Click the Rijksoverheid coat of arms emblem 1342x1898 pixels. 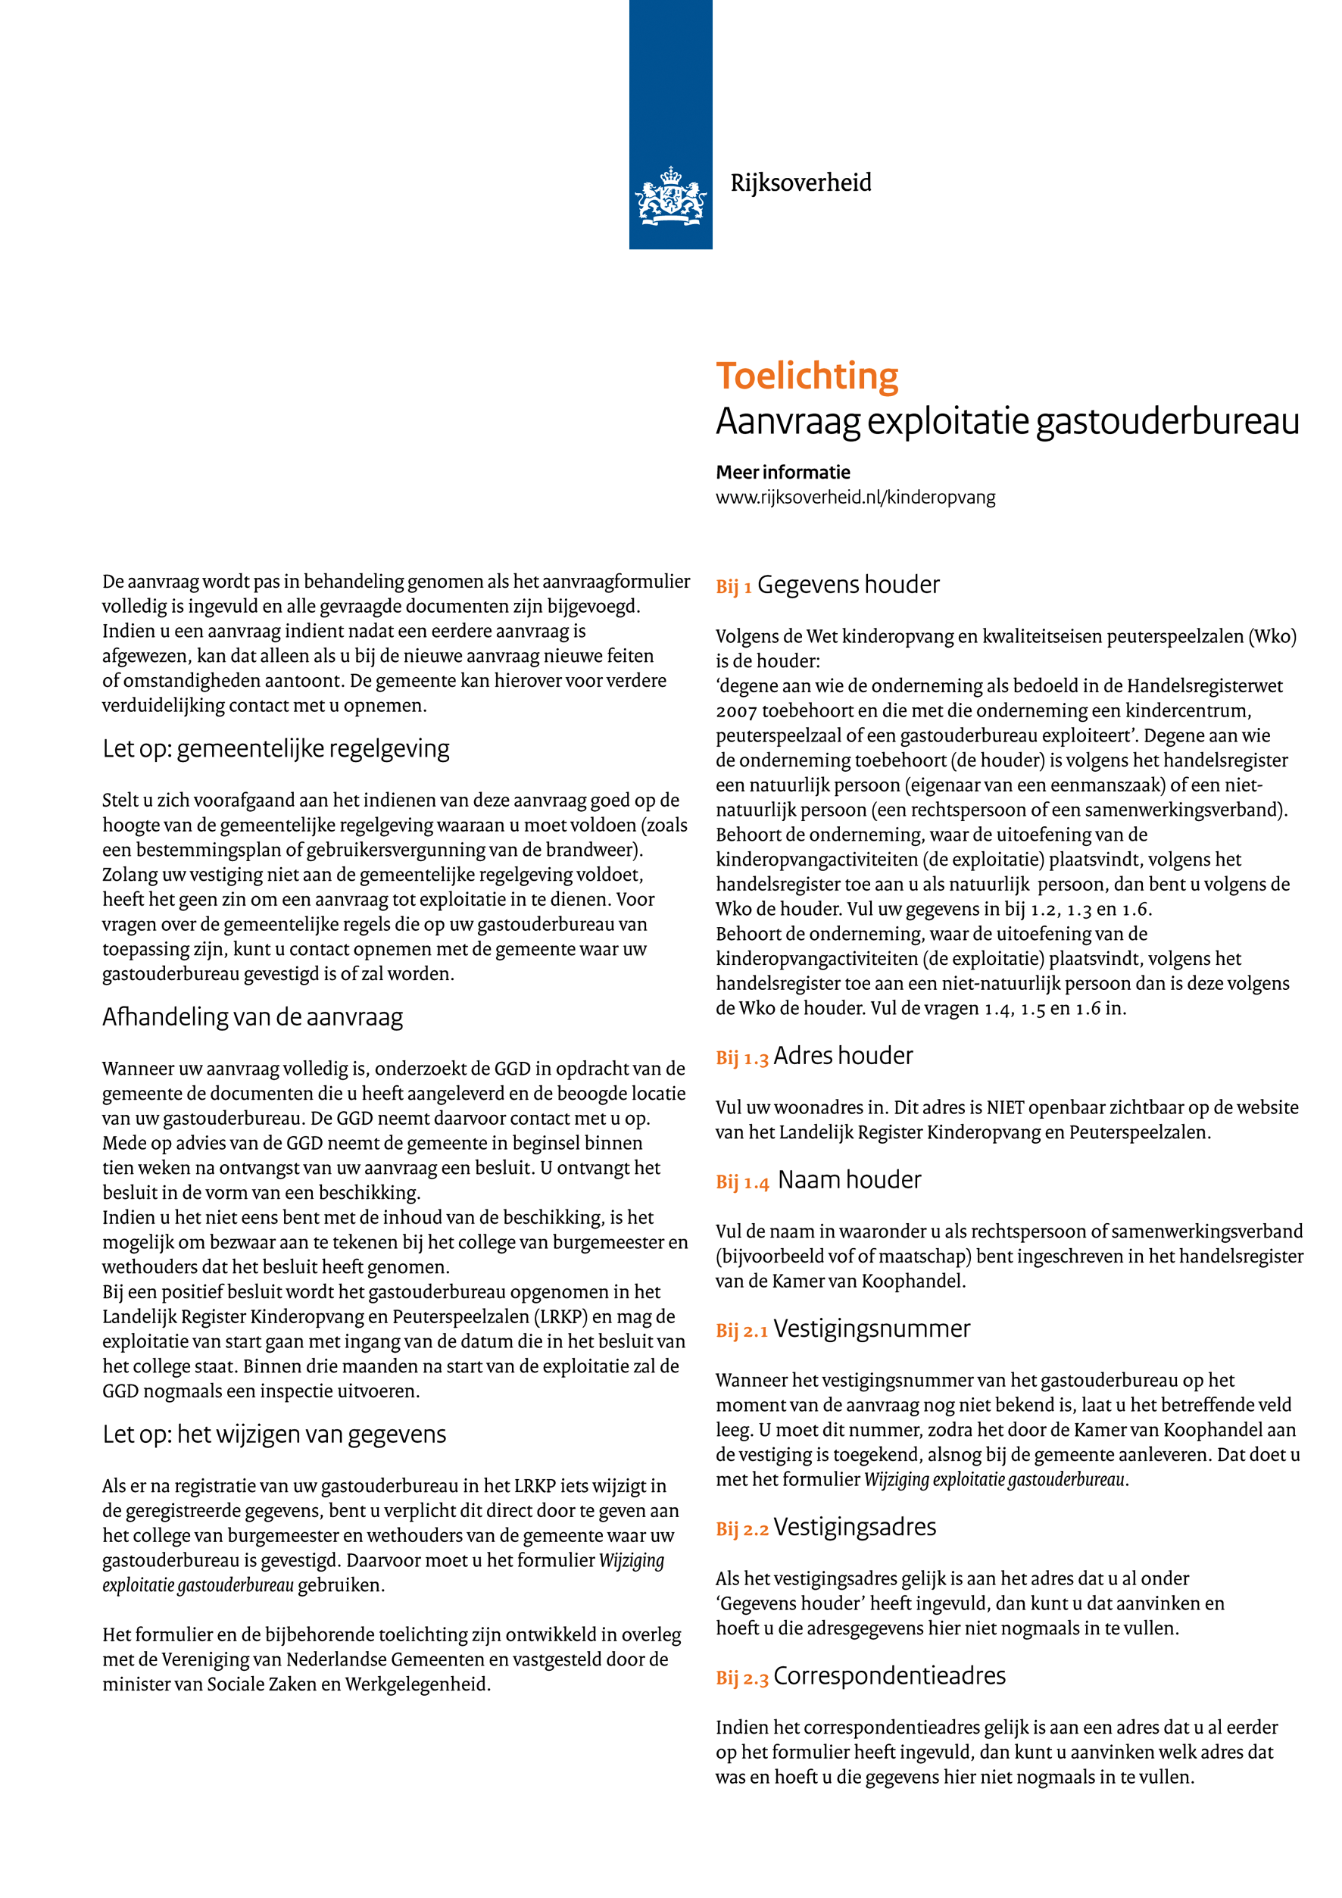coord(670,196)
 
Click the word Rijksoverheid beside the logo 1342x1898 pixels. coord(800,183)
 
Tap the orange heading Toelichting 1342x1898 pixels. coord(807,376)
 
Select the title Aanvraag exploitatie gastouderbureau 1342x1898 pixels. coord(1006,422)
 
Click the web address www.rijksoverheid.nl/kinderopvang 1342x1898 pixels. coord(855,498)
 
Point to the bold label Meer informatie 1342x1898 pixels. coord(782,472)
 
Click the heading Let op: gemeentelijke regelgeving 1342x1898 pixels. coord(276,749)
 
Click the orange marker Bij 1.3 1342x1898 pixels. coord(741,1058)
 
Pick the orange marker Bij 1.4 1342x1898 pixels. coord(741,1182)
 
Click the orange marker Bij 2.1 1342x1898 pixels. coord(741,1331)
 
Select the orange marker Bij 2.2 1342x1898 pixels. coord(741,1529)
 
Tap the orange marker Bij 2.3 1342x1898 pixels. coord(741,1678)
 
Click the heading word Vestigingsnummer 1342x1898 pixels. coord(871,1328)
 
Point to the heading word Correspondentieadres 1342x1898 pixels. coord(889,1675)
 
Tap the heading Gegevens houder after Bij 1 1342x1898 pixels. coord(848,585)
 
